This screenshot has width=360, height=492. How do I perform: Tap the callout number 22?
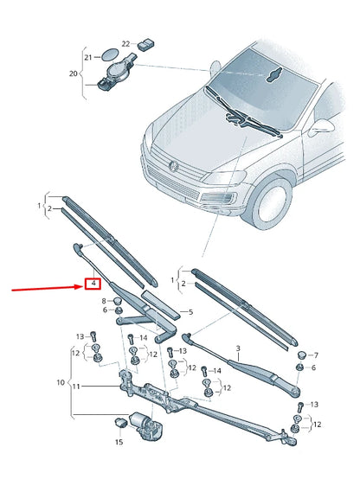pos(125,42)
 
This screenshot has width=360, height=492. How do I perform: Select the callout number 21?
pos(87,57)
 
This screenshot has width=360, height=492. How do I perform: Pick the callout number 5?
pos(191,312)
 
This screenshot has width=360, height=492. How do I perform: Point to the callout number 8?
pos(104,300)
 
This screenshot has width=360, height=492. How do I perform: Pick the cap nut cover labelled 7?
pos(301,354)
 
